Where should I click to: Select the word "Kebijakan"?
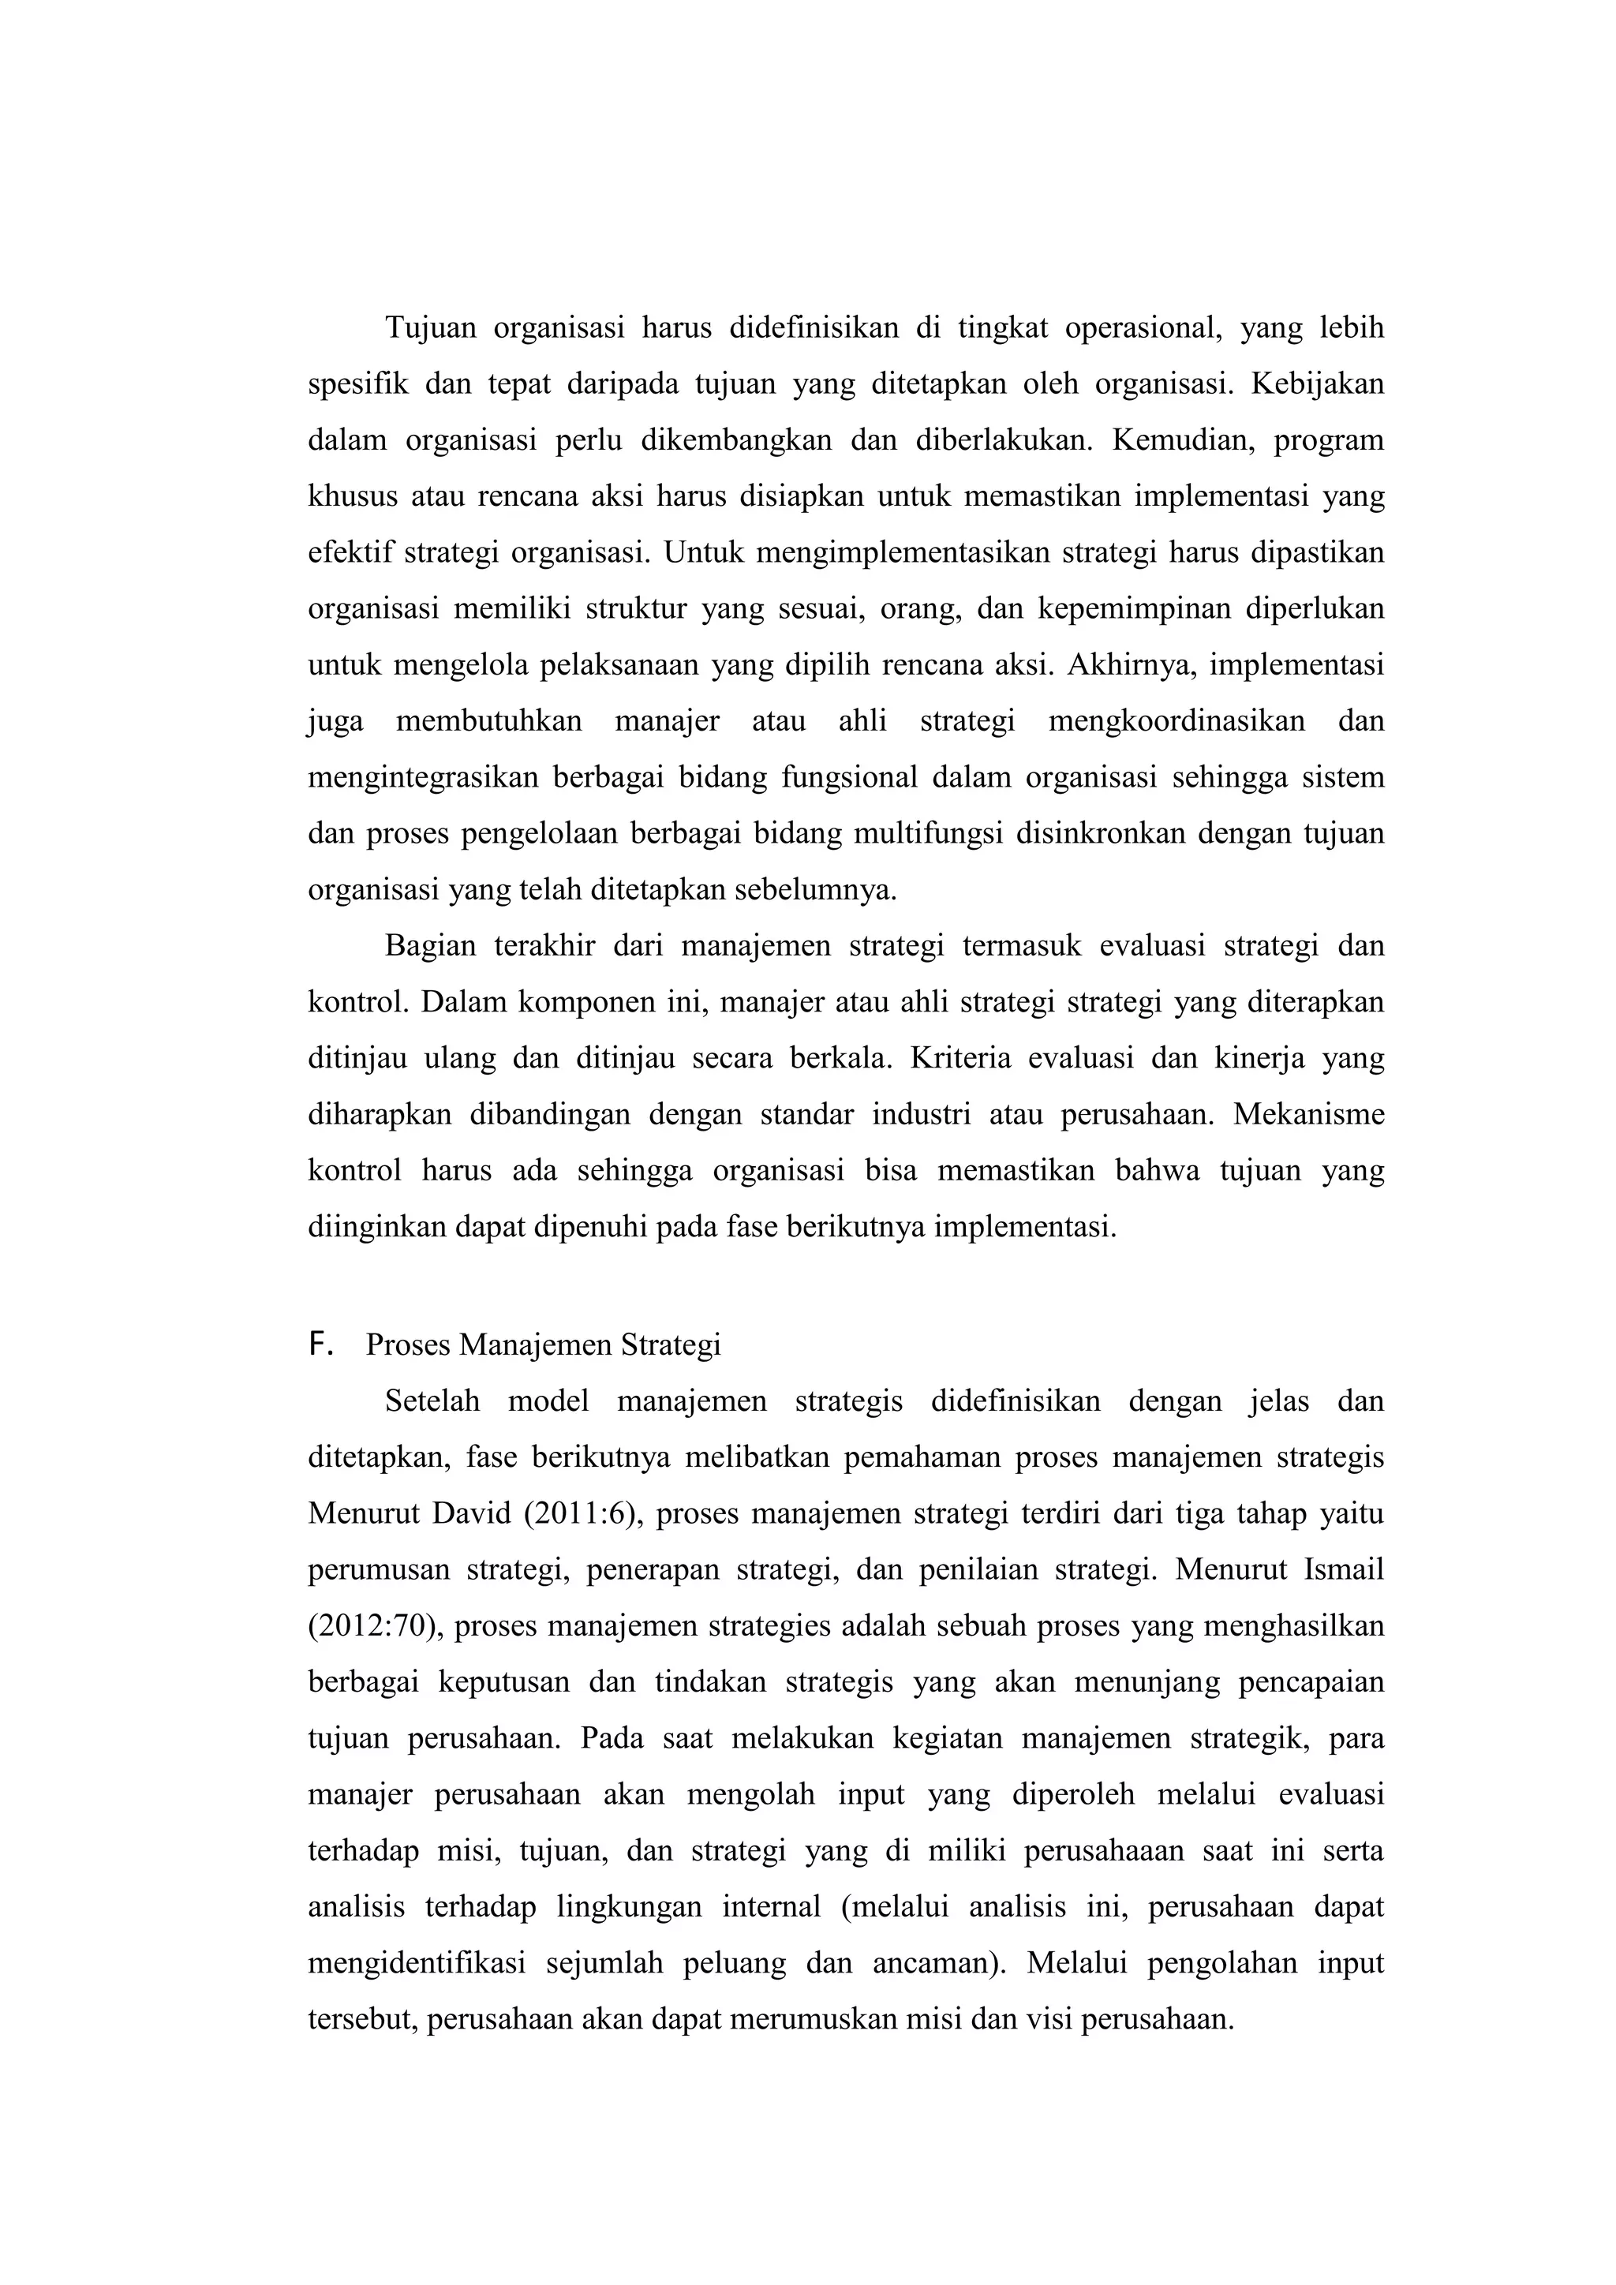(1316, 383)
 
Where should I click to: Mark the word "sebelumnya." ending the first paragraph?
(815, 890)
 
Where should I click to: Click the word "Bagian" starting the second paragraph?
(430, 945)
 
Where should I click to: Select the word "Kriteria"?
(956, 1058)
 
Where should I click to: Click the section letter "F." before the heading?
(320, 1344)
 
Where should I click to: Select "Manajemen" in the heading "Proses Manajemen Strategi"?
(537, 1345)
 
